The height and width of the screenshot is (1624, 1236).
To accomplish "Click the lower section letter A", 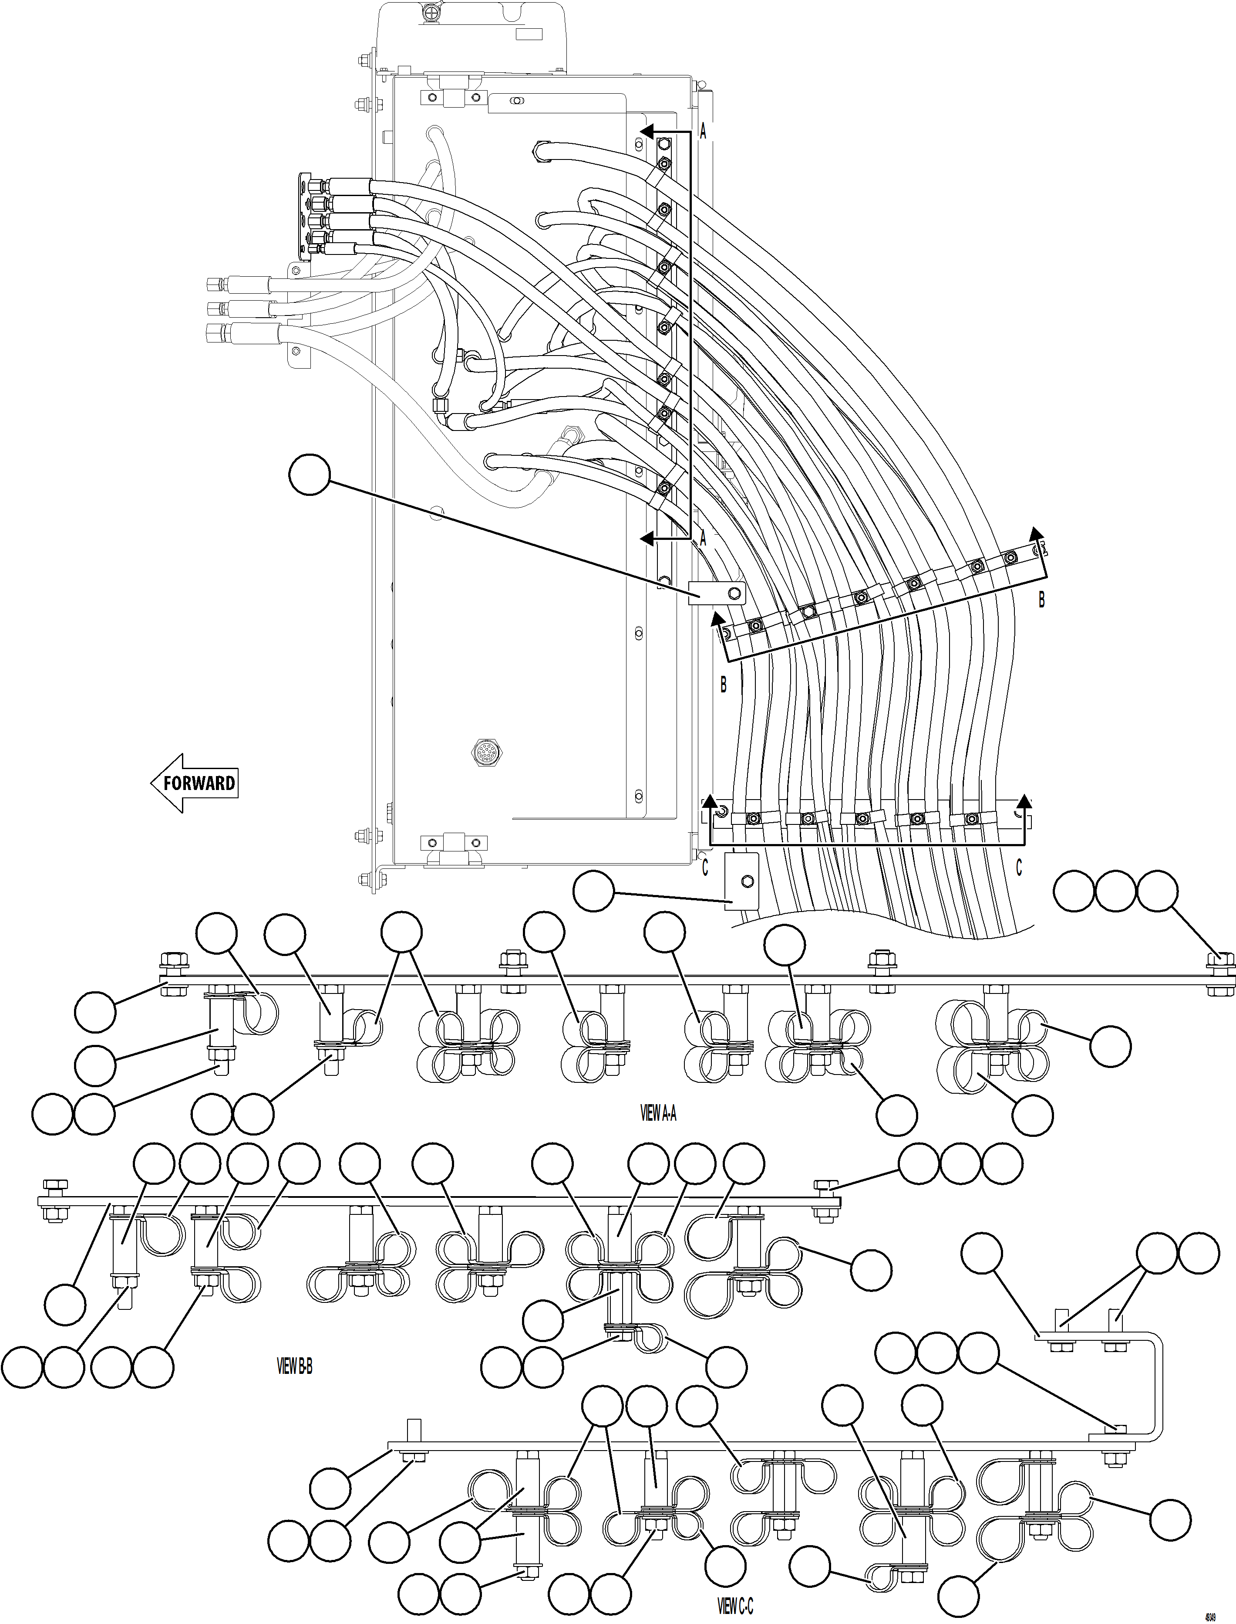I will (x=703, y=539).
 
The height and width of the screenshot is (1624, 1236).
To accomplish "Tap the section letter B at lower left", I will (x=723, y=685).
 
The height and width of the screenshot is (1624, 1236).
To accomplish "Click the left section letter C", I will (x=705, y=869).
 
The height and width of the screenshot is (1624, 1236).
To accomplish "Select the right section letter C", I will (x=1019, y=869).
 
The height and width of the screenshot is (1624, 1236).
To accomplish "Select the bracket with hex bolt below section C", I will (x=741, y=881).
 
